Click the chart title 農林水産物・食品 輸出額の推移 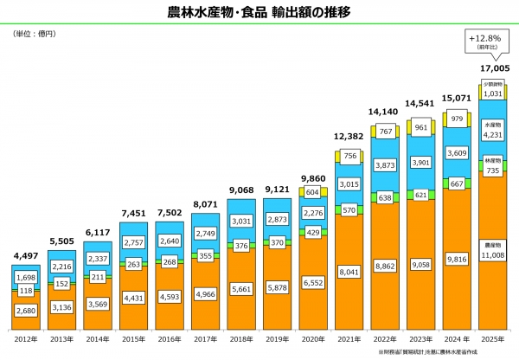coord(259,12)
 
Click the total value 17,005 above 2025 coord(494,67)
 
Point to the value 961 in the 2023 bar coord(422,127)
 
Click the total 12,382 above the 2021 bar coord(350,138)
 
